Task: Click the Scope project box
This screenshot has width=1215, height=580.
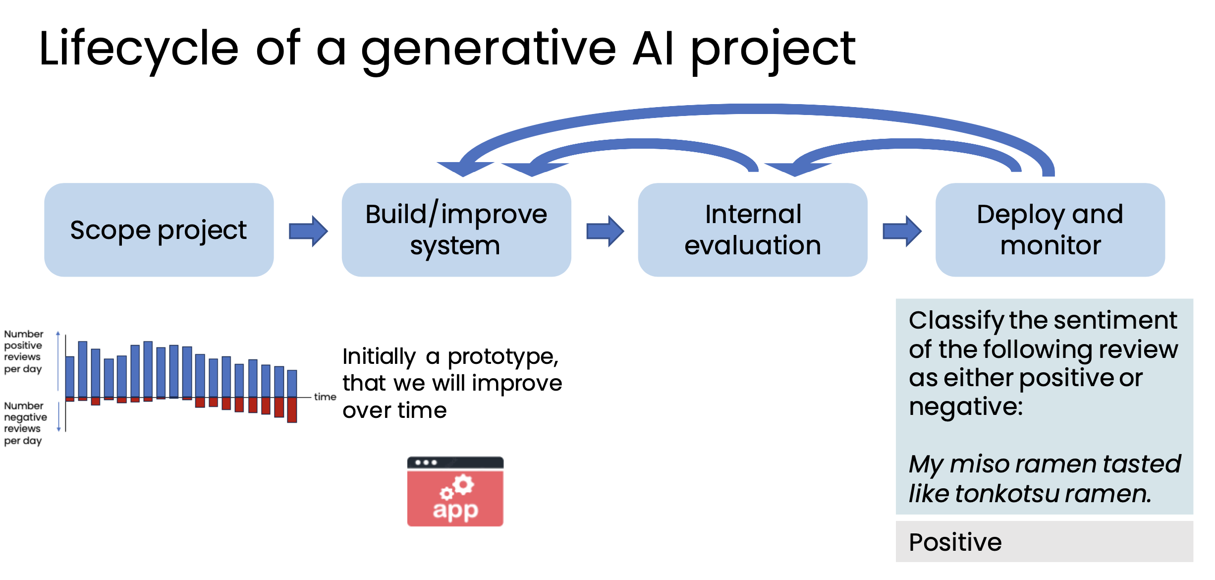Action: click(159, 230)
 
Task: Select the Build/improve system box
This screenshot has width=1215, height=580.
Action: click(456, 230)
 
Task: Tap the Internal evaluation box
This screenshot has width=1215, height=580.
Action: click(752, 230)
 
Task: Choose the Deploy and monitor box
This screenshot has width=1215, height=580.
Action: click(1049, 230)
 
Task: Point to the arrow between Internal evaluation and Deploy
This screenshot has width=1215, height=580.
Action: click(902, 231)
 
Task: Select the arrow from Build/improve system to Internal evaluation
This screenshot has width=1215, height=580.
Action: click(605, 231)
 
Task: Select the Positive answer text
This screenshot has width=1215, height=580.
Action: click(955, 542)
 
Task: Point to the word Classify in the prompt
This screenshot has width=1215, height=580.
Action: click(955, 321)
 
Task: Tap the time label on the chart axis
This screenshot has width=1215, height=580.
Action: click(325, 397)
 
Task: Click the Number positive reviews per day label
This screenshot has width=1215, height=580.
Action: click(23, 351)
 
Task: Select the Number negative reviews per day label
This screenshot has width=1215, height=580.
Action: click(25, 423)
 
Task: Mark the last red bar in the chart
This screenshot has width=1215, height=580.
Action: click(292, 409)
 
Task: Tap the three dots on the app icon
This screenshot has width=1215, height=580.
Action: click(426, 463)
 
